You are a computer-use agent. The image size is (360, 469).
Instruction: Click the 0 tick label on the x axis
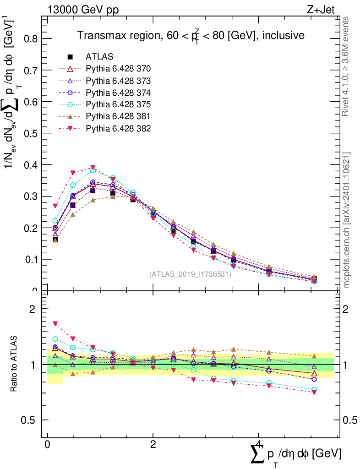pyautogui.click(x=47, y=445)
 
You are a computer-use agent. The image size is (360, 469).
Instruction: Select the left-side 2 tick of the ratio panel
pyautogui.click(x=33, y=309)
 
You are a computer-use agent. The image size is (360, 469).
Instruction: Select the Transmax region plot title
pyautogui.click(x=191, y=35)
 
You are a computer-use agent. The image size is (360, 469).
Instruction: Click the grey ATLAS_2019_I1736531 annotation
pyautogui.click(x=190, y=275)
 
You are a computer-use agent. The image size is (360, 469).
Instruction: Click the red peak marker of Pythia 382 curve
pyautogui.click(x=93, y=168)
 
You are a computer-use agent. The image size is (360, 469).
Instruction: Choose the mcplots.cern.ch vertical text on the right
pyautogui.click(x=347, y=220)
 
